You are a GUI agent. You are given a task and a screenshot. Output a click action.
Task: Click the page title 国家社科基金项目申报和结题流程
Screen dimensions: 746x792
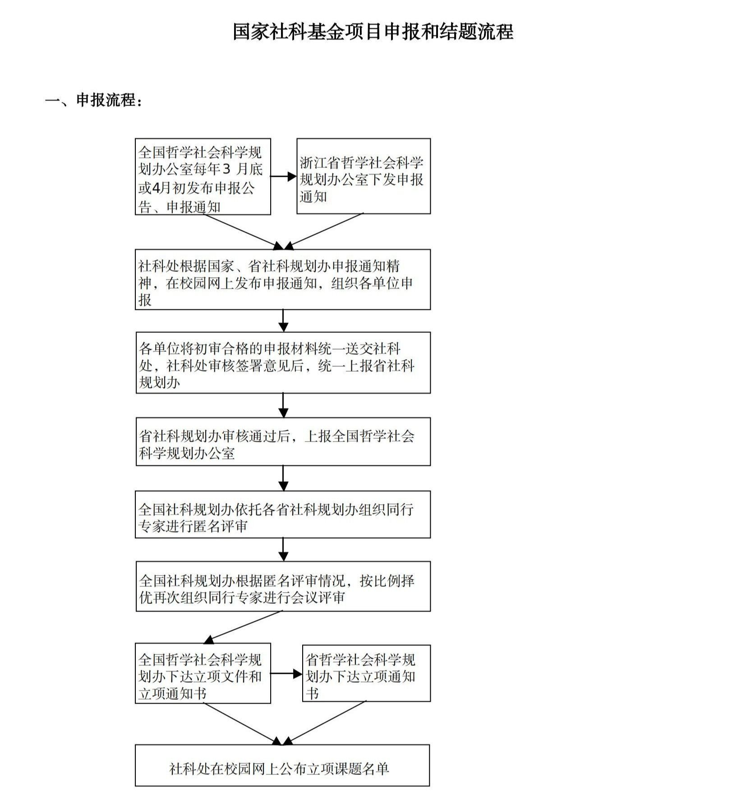tap(373, 32)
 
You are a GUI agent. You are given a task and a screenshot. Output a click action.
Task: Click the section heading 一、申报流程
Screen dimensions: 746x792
tap(93, 100)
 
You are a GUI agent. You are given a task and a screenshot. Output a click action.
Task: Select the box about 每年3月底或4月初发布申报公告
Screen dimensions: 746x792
tap(203, 176)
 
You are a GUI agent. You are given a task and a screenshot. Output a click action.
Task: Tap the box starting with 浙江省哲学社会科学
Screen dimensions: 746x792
tap(364, 176)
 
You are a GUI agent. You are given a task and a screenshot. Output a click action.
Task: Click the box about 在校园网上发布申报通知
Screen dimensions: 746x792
tap(283, 279)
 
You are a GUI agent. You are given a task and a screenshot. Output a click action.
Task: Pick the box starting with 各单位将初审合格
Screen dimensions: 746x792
tap(283, 363)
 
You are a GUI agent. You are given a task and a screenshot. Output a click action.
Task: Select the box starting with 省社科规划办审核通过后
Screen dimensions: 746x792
tap(283, 441)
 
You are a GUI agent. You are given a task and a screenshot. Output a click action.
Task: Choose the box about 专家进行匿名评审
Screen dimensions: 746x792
tap(283, 514)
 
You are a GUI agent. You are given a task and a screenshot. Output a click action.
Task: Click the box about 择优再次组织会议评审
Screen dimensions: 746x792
tap(283, 586)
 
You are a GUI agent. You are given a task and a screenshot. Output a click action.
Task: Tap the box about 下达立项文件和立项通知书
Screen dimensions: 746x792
tap(203, 673)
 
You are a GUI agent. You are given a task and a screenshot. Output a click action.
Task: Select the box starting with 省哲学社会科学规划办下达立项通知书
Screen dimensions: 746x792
tap(366, 673)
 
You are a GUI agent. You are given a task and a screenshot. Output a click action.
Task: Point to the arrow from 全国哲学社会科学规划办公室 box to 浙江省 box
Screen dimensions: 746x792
tap(284, 176)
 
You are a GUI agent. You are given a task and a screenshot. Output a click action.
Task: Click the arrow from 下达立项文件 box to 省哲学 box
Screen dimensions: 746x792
tap(286, 674)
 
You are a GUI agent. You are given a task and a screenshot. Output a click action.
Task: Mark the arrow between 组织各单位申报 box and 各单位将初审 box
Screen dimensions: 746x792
tap(283, 321)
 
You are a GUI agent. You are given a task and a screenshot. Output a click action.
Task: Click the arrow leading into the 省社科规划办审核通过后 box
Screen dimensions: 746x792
tap(283, 405)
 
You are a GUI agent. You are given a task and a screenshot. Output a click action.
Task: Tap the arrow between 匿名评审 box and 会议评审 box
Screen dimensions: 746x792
tap(283, 549)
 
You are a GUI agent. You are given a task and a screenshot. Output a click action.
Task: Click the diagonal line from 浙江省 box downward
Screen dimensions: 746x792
tap(324, 231)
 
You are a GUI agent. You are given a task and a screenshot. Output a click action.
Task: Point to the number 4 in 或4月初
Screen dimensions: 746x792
tap(156, 188)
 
